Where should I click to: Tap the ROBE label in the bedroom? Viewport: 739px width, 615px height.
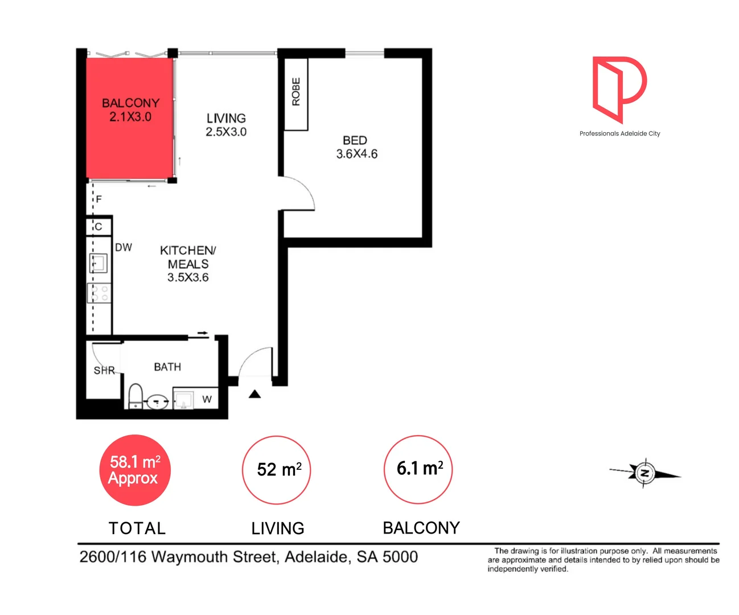pyautogui.click(x=296, y=92)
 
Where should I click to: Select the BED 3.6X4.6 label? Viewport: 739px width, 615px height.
pyautogui.click(x=356, y=147)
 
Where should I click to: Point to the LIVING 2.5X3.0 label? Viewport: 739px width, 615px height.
pyautogui.click(x=226, y=125)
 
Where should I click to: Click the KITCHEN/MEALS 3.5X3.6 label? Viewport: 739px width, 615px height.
pyautogui.click(x=188, y=264)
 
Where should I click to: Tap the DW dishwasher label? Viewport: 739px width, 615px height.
pyautogui.click(x=124, y=247)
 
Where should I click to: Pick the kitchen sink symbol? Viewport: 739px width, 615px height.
pyautogui.click(x=98, y=264)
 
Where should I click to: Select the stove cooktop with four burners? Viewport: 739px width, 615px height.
pyautogui.click(x=99, y=293)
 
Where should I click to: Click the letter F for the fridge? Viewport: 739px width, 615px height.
pyautogui.click(x=99, y=199)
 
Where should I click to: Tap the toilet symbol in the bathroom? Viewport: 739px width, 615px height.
pyautogui.click(x=136, y=396)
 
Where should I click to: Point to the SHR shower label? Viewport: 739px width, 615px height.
pyautogui.click(x=104, y=371)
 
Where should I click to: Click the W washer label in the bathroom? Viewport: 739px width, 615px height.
pyautogui.click(x=207, y=399)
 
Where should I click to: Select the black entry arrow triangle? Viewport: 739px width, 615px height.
pyautogui.click(x=254, y=394)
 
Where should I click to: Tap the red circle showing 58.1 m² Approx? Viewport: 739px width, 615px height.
pyautogui.click(x=135, y=470)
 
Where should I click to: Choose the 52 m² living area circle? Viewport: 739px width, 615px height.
pyautogui.click(x=277, y=470)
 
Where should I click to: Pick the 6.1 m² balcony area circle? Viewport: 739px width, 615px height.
pyautogui.click(x=418, y=469)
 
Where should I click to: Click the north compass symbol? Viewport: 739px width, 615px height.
pyautogui.click(x=644, y=473)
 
